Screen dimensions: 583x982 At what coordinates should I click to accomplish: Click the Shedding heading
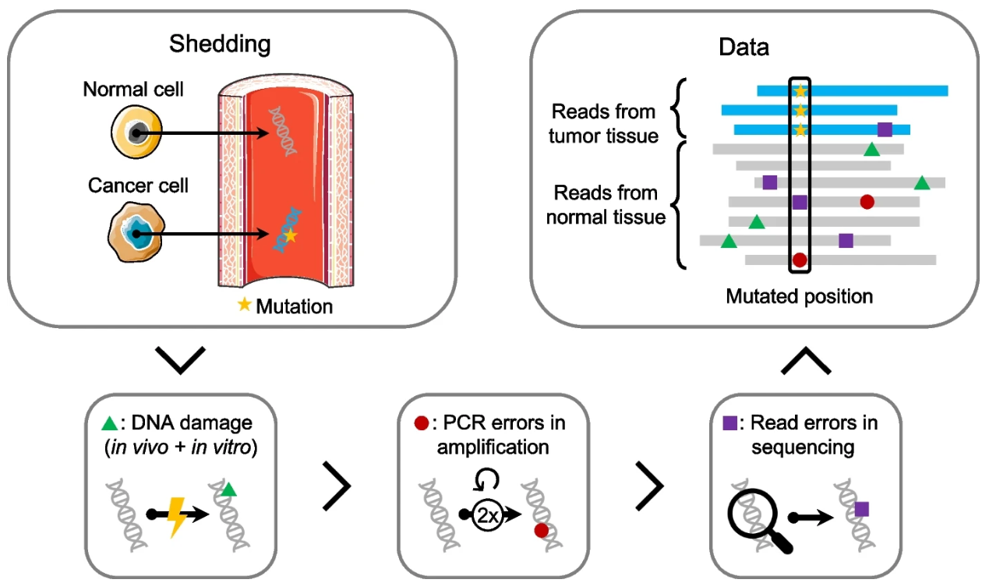tap(220, 44)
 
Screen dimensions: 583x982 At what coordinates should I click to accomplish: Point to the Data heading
tap(744, 48)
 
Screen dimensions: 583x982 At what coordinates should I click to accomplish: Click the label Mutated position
tap(799, 297)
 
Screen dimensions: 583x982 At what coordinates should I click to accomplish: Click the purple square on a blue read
tap(885, 129)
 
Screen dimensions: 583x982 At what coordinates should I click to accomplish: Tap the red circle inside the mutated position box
tap(800, 260)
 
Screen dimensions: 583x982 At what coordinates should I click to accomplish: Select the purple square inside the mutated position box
tap(800, 203)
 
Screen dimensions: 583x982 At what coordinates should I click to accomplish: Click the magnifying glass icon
tap(754, 516)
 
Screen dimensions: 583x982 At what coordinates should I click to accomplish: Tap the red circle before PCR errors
tap(421, 424)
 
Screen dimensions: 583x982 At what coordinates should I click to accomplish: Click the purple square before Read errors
tap(730, 424)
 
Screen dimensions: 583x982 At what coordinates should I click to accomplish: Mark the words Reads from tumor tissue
tap(603, 123)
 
